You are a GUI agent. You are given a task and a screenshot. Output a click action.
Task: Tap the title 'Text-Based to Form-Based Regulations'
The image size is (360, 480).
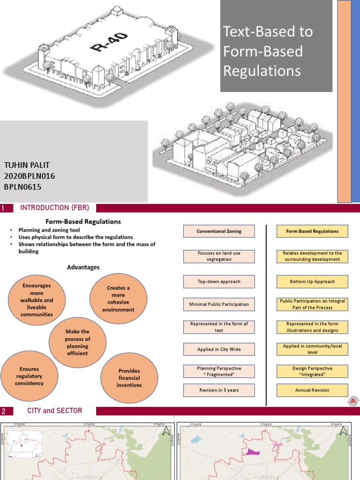point(268,51)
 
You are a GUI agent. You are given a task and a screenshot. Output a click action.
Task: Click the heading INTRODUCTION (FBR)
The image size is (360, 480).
point(54,208)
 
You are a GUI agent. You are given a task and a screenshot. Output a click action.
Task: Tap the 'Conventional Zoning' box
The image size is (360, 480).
point(219,231)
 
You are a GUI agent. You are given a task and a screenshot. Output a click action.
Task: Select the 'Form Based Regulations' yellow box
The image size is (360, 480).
point(313,231)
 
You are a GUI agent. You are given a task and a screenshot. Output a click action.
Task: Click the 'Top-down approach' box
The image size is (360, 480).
point(219,282)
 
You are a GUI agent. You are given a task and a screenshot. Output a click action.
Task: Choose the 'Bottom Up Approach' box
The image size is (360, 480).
point(313,282)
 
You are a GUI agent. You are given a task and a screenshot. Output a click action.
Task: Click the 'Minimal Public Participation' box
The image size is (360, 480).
point(219,304)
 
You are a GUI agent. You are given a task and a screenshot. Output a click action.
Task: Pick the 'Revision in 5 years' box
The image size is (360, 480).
point(219,390)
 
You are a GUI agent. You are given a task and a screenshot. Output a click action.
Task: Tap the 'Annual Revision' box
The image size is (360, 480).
point(313,390)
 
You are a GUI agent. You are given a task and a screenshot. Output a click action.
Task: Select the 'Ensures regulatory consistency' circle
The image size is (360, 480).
point(29,376)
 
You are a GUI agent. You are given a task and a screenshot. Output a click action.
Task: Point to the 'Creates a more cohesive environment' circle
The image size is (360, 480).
point(118,299)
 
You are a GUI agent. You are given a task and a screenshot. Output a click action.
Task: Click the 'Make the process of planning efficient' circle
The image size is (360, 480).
point(78,342)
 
